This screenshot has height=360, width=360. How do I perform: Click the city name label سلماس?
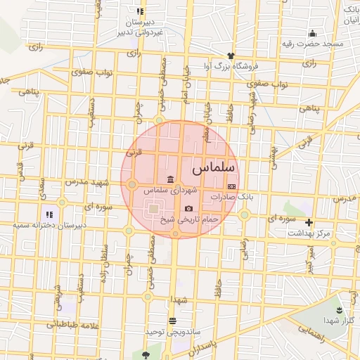pyautogui.click(x=207, y=169)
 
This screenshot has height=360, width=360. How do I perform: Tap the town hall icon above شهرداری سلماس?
pyautogui.click(x=169, y=178)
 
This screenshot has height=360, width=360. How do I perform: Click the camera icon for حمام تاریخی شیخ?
pyautogui.click(x=188, y=209)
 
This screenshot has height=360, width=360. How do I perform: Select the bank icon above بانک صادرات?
pyautogui.click(x=231, y=186)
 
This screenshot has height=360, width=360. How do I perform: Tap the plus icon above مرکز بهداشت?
pyautogui.click(x=309, y=222)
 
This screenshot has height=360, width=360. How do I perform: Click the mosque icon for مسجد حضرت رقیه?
pyautogui.click(x=312, y=34)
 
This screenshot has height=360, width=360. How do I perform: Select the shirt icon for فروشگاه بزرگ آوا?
pyautogui.click(x=229, y=56)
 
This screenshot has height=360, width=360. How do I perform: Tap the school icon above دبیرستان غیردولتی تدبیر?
pyautogui.click(x=140, y=11)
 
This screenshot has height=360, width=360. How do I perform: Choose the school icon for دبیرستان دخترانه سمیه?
pyautogui.click(x=49, y=214)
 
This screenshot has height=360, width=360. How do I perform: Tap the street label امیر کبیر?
pyautogui.click(x=307, y=263)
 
